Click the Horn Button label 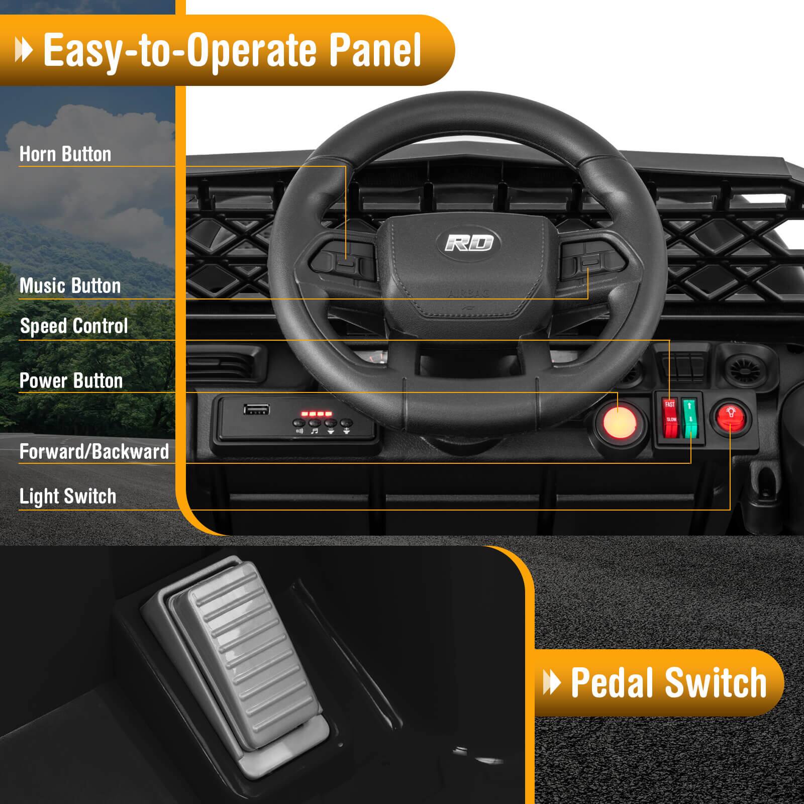coord(65,154)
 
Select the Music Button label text coord(70,286)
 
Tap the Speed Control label coord(74,326)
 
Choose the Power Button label coord(71,381)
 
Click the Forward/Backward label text coord(94,451)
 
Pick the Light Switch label coord(68,496)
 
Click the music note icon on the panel coord(315,431)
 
